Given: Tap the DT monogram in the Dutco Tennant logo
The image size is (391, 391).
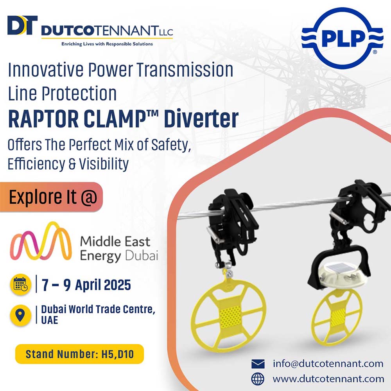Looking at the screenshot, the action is [22, 25].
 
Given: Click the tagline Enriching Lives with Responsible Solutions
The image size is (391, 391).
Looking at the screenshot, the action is [107, 44].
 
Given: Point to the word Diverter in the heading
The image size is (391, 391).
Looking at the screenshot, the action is [201, 119].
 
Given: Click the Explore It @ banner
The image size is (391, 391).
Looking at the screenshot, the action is [51, 197].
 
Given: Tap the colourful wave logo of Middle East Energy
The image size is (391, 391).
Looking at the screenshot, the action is [41, 241].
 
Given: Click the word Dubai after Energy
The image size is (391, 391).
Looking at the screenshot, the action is [142, 256].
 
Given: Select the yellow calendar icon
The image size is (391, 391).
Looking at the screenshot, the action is [21, 285].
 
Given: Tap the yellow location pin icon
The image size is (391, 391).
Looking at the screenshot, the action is [20, 316].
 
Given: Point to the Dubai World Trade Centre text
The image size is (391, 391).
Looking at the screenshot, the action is [98, 309].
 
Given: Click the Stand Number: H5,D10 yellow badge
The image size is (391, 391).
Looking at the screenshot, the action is [79, 354].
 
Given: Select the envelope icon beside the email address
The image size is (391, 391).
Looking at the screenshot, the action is [258, 364].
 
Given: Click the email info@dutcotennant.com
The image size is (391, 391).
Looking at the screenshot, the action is [328, 364].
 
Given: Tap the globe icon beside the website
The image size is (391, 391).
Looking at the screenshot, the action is [258, 379].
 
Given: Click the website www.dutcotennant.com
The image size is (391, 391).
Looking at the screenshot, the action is [328, 379].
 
